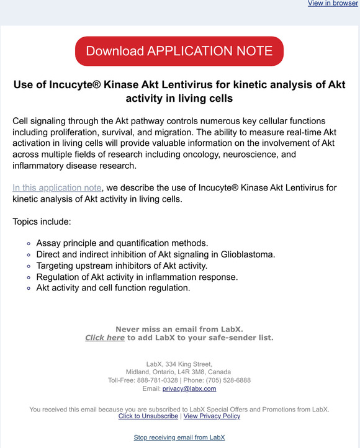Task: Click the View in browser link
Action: tap(333, 4)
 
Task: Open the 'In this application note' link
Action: tap(56, 187)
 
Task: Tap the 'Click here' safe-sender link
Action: tap(105, 338)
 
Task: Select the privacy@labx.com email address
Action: tap(189, 389)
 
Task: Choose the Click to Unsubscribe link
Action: tap(148, 416)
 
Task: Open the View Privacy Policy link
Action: tap(212, 416)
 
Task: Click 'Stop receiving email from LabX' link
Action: tap(179, 437)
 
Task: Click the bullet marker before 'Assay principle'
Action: tap(29, 243)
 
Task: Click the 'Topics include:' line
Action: tap(42, 222)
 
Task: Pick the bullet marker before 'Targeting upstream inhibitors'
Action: tap(29, 266)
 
